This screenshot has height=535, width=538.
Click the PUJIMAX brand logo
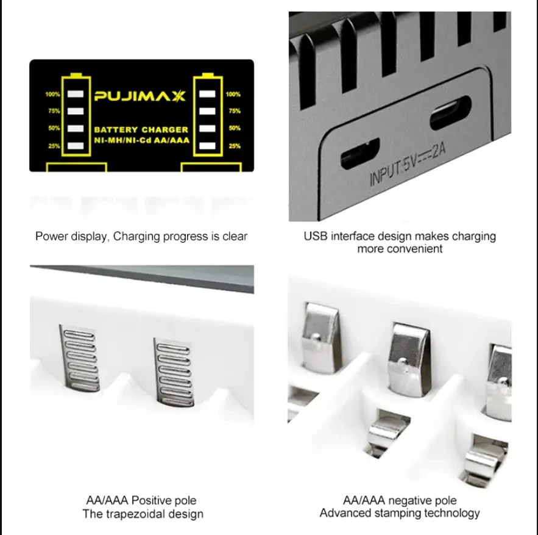coord(140,96)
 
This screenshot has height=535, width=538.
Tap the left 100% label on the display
coord(52,94)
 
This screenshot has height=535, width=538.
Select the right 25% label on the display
coord(235,146)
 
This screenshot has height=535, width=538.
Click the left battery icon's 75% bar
coord(76,111)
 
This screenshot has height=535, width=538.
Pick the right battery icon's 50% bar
coord(207,128)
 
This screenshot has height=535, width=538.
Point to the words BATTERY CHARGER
coord(141,130)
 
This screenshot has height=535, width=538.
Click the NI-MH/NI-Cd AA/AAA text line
coord(142,140)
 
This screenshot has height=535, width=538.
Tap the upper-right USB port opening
coord(450,112)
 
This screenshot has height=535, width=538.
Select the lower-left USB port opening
coord(360,153)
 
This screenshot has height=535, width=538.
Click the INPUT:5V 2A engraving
coord(408,164)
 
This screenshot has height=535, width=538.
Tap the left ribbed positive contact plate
coord(80,357)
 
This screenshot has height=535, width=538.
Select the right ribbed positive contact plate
coord(174,372)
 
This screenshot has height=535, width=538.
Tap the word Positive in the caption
coord(152,500)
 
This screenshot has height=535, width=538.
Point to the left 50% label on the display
coord(54,128)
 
